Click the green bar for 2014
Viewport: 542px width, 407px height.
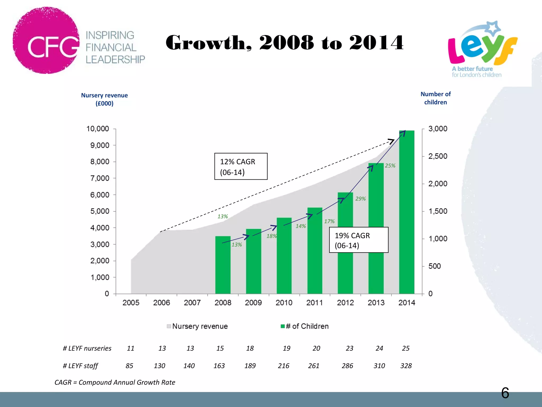point(406,212)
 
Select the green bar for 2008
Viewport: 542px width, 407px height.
point(223,265)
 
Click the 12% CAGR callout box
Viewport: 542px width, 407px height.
point(241,166)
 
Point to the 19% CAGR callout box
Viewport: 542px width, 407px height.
point(359,240)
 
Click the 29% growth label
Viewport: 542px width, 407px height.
point(360,199)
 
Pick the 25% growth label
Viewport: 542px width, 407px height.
point(390,166)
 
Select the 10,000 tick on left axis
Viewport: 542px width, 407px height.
point(98,129)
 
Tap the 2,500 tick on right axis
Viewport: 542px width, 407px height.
point(438,156)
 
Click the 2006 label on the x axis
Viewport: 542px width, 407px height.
point(161,303)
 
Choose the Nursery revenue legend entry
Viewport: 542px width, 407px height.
point(197,326)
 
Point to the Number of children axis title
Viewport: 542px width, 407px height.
point(435,98)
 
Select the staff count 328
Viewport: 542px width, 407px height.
point(406,366)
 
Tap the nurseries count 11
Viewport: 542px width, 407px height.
point(130,348)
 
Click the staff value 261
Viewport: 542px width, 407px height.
point(314,366)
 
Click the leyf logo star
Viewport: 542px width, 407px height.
point(494,28)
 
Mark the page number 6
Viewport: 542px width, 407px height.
point(505,393)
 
